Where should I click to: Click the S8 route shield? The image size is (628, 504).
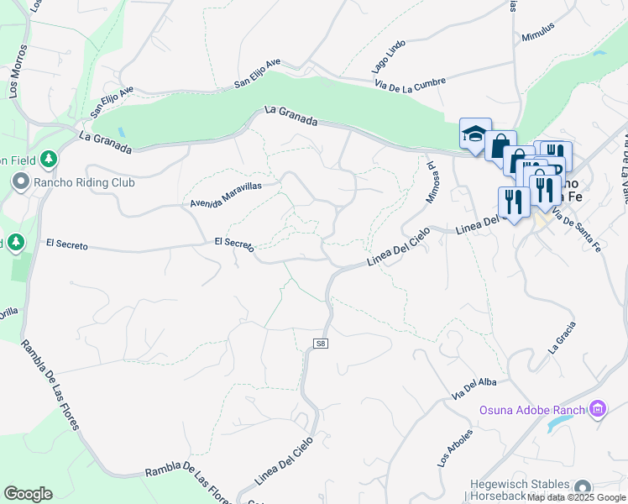320,344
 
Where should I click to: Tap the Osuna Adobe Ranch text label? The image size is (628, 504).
532,411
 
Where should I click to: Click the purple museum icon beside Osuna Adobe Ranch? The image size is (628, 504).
598,410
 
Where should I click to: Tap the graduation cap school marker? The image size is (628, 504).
474,134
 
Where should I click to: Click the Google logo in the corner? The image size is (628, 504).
28,494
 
